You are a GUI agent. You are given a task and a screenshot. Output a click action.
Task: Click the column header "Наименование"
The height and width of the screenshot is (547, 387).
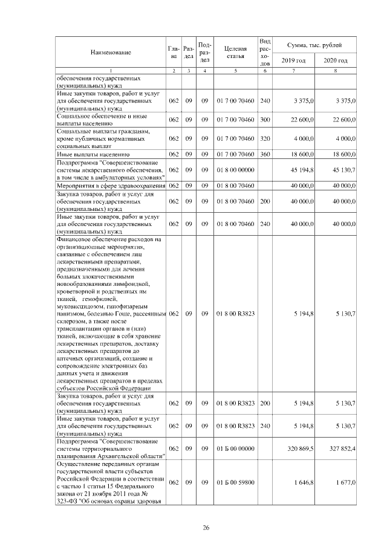pos(111,53)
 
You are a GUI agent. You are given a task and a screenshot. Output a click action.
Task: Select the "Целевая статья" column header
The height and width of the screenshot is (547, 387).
pos(235,53)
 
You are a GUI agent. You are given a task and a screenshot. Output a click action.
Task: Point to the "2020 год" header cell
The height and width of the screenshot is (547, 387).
pos(335,61)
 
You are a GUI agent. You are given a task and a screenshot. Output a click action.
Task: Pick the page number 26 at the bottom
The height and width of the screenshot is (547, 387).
pos(206,528)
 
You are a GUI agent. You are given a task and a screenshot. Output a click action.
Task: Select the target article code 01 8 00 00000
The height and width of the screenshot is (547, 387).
pos(235,170)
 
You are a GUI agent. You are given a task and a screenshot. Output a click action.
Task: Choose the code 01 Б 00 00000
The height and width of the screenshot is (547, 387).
pos(235,448)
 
